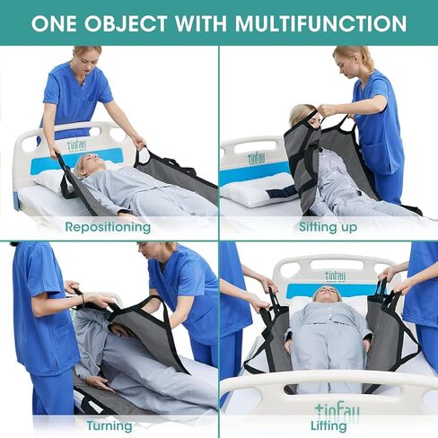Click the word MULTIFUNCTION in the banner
[x=320, y=22]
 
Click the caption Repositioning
[x=108, y=227]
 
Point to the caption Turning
[x=109, y=425]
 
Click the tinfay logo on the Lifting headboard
[x=335, y=276]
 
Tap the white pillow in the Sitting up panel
[x=257, y=190]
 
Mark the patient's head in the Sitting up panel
[x=301, y=115]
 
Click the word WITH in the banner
[x=202, y=22]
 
